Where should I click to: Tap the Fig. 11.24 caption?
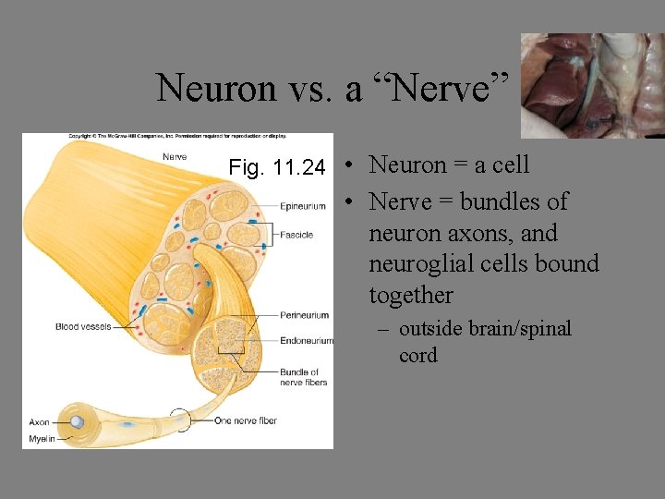[277, 168]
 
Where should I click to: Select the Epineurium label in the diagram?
[303, 206]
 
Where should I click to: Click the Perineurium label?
[305, 315]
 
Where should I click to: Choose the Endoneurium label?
[307, 341]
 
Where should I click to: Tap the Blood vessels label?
[83, 326]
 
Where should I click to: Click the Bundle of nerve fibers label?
[303, 377]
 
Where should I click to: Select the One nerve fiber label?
[245, 421]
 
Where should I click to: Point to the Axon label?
[39, 422]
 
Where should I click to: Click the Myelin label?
[42, 438]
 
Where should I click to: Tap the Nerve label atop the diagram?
[175, 157]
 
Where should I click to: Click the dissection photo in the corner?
[592, 85]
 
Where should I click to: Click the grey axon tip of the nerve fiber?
[78, 422]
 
